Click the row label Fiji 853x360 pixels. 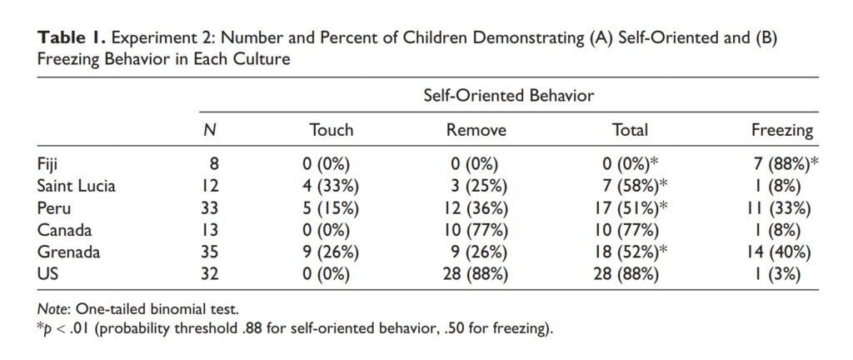(49, 163)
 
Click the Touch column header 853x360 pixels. (331, 130)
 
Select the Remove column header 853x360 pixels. (476, 130)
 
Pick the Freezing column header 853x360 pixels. (781, 130)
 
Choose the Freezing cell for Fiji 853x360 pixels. (781, 163)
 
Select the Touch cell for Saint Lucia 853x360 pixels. (331, 185)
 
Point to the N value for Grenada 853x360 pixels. (209, 251)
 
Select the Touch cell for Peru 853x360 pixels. (331, 207)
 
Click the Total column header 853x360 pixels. (629, 130)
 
